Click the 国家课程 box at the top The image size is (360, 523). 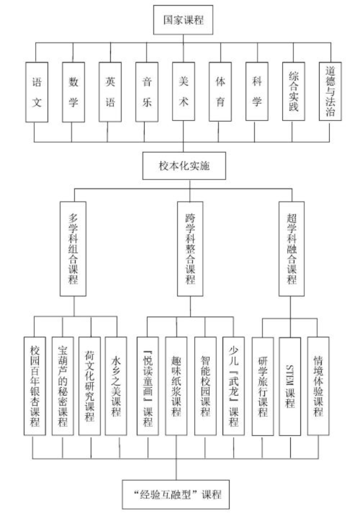point(183,20)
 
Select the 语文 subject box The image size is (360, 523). point(37,92)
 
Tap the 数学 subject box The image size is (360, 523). point(73,92)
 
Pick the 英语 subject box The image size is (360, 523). point(110,92)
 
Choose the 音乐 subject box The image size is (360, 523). point(147,92)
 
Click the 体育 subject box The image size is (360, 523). point(220,92)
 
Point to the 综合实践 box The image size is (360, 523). point(293,91)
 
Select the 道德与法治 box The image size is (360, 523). point(330,91)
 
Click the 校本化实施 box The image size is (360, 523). point(184,166)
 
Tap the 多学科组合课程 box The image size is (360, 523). point(73,249)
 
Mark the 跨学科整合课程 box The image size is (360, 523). point(190,249)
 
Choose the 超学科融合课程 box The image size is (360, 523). point(292,249)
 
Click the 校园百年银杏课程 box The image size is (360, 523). point(35,386)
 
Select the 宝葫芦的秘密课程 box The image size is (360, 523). point(63,386)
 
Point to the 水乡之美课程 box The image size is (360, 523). point(116,386)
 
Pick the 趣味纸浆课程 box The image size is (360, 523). point(176,386)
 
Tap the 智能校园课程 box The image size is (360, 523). point(205,386)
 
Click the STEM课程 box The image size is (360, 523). point(290,386)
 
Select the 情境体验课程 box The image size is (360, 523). point(318,386)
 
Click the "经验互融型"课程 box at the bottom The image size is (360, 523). point(176,494)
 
